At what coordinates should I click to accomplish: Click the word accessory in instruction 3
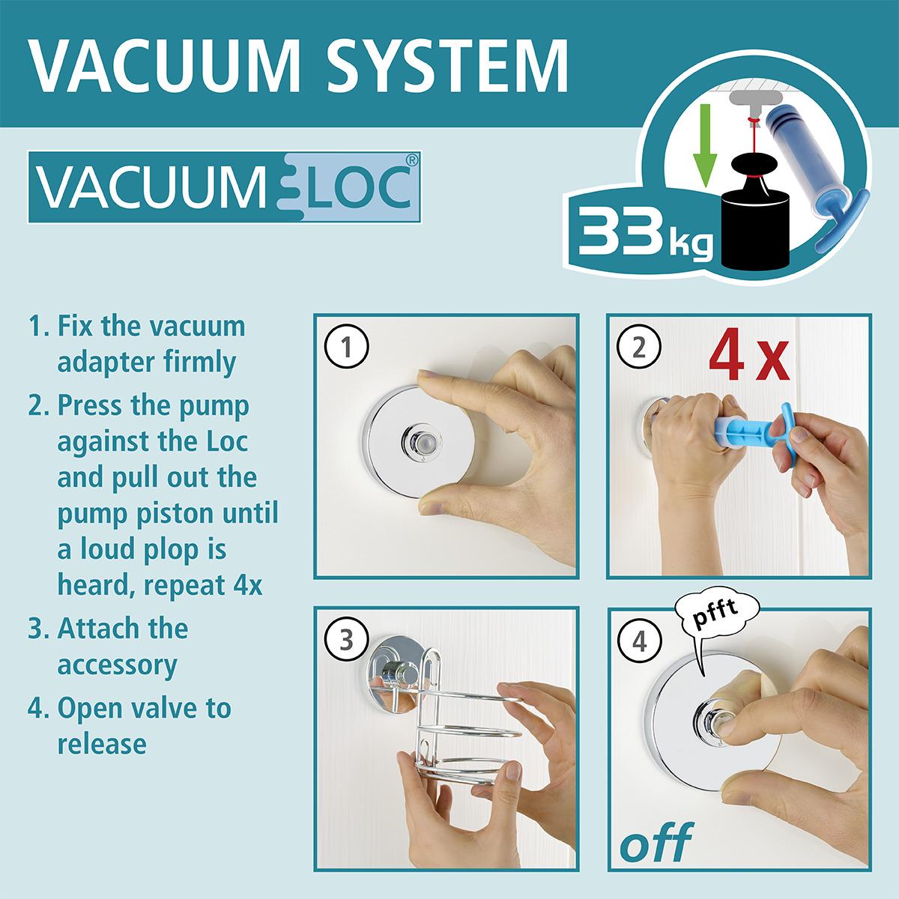tap(117, 665)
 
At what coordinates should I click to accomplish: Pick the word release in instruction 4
tap(102, 744)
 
